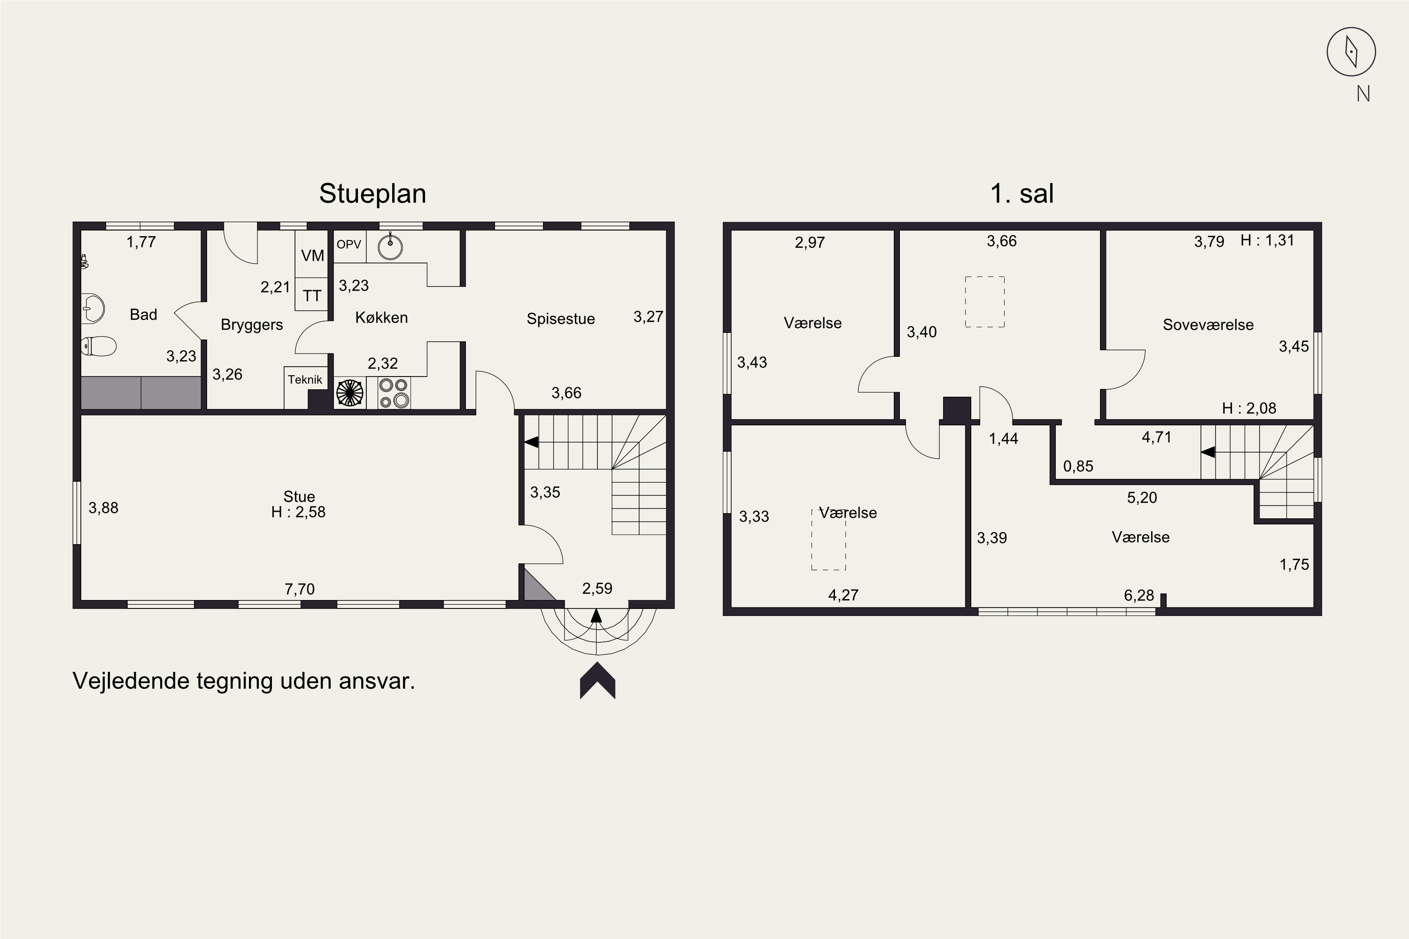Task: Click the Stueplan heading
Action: [x=372, y=193]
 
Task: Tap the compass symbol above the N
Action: [x=1351, y=52]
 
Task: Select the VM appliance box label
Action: [x=312, y=256]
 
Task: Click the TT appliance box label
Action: [x=311, y=295]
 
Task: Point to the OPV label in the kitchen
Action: [x=348, y=244]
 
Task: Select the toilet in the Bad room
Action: [x=99, y=346]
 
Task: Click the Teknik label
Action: [x=305, y=380]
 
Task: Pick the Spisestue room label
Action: [x=560, y=319]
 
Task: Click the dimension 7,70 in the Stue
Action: [x=300, y=589]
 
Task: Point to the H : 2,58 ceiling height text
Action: [x=298, y=512]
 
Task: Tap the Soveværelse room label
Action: [x=1208, y=324]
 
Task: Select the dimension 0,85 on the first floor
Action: [x=1078, y=466]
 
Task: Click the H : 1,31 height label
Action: [x=1267, y=240]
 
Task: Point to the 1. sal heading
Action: [x=1022, y=193]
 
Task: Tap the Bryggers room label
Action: [x=252, y=324]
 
